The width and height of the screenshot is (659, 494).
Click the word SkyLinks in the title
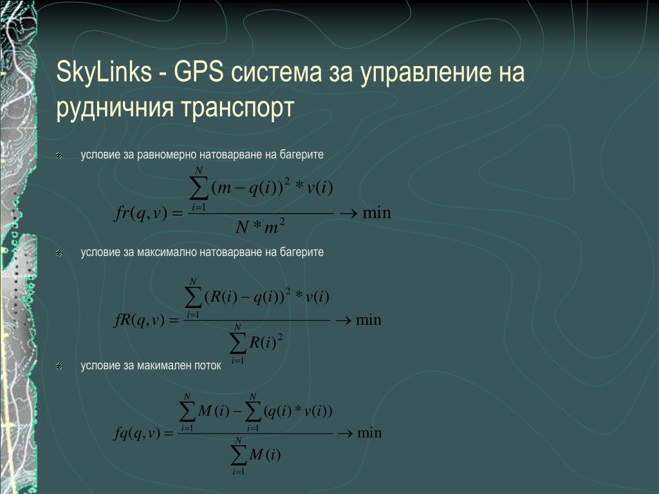point(104,72)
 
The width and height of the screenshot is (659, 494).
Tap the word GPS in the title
point(198,71)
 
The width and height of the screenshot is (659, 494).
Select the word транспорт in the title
point(237,107)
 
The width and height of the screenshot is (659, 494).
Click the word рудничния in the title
point(115,107)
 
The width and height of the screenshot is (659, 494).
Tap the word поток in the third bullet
point(208,365)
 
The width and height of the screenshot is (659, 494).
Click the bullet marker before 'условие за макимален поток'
point(59,367)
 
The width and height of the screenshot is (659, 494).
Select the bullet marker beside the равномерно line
point(59,156)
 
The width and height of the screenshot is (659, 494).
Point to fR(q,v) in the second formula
point(139,321)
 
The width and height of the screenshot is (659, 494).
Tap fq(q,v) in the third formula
point(138,433)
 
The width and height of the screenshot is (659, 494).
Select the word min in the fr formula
point(376,213)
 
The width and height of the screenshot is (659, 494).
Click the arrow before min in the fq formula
point(345,433)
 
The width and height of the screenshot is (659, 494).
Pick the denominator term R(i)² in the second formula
point(266,342)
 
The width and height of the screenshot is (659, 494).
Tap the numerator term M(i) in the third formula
point(213,410)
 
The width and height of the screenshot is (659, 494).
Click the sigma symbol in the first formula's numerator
point(199,189)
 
